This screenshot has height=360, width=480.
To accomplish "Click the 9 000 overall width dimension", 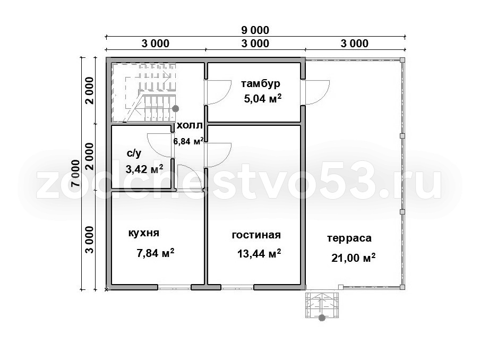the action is tap(255, 30).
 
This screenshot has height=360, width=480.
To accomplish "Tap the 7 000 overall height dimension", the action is tap(75, 173).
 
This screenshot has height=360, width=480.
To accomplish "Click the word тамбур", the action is tap(261, 83).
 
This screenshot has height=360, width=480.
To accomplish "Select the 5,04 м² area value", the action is tap(263, 99).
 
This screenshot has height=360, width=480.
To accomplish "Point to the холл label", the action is tap(190, 125).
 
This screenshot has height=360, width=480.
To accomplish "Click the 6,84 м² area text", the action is tap(188, 141).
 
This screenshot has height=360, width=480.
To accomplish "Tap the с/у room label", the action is tap(134, 153).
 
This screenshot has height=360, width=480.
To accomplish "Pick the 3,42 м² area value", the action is tap(144, 169).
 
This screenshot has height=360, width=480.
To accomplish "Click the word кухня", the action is tap(143, 233).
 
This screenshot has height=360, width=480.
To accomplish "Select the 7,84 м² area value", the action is tap(156, 253).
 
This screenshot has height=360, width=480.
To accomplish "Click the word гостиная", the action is tap(256, 235).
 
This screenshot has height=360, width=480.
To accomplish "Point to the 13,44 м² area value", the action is tap(259, 253).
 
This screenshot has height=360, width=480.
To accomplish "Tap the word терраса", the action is tap(349, 238).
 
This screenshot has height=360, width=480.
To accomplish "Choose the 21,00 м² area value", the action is tap(353, 258).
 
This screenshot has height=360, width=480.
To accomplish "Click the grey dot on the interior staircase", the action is tap(175, 108).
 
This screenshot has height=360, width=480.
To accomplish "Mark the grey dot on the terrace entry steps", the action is tap(322, 318).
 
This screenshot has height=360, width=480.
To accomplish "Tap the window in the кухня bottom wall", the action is tap(175, 287).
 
